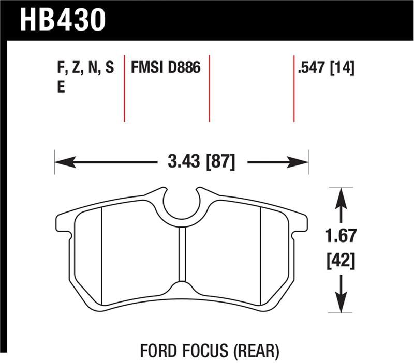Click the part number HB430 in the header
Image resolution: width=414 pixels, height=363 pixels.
point(62,19)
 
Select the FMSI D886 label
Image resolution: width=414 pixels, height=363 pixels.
point(166,68)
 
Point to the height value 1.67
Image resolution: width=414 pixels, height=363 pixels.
point(341,236)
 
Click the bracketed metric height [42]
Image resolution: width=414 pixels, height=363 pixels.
point(341,261)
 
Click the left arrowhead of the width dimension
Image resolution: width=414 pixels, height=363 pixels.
point(59,162)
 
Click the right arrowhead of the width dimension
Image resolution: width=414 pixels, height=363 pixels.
point(304,162)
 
